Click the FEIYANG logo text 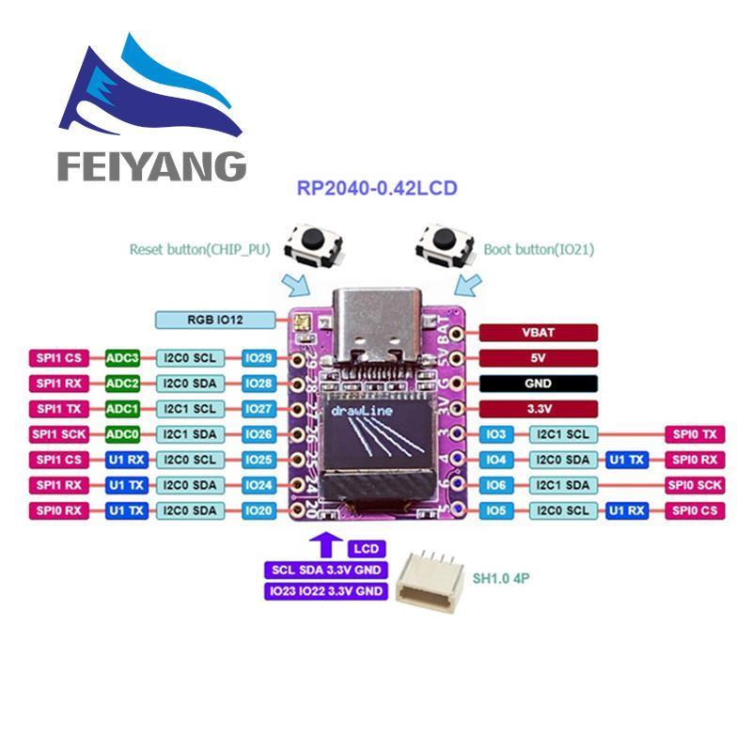point(151,166)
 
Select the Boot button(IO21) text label point(538,250)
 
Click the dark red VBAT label point(539,332)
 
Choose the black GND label point(539,384)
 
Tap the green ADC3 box point(123,357)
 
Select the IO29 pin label point(258,357)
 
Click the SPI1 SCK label point(58,434)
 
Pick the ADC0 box point(123,434)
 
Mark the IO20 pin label point(258,510)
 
